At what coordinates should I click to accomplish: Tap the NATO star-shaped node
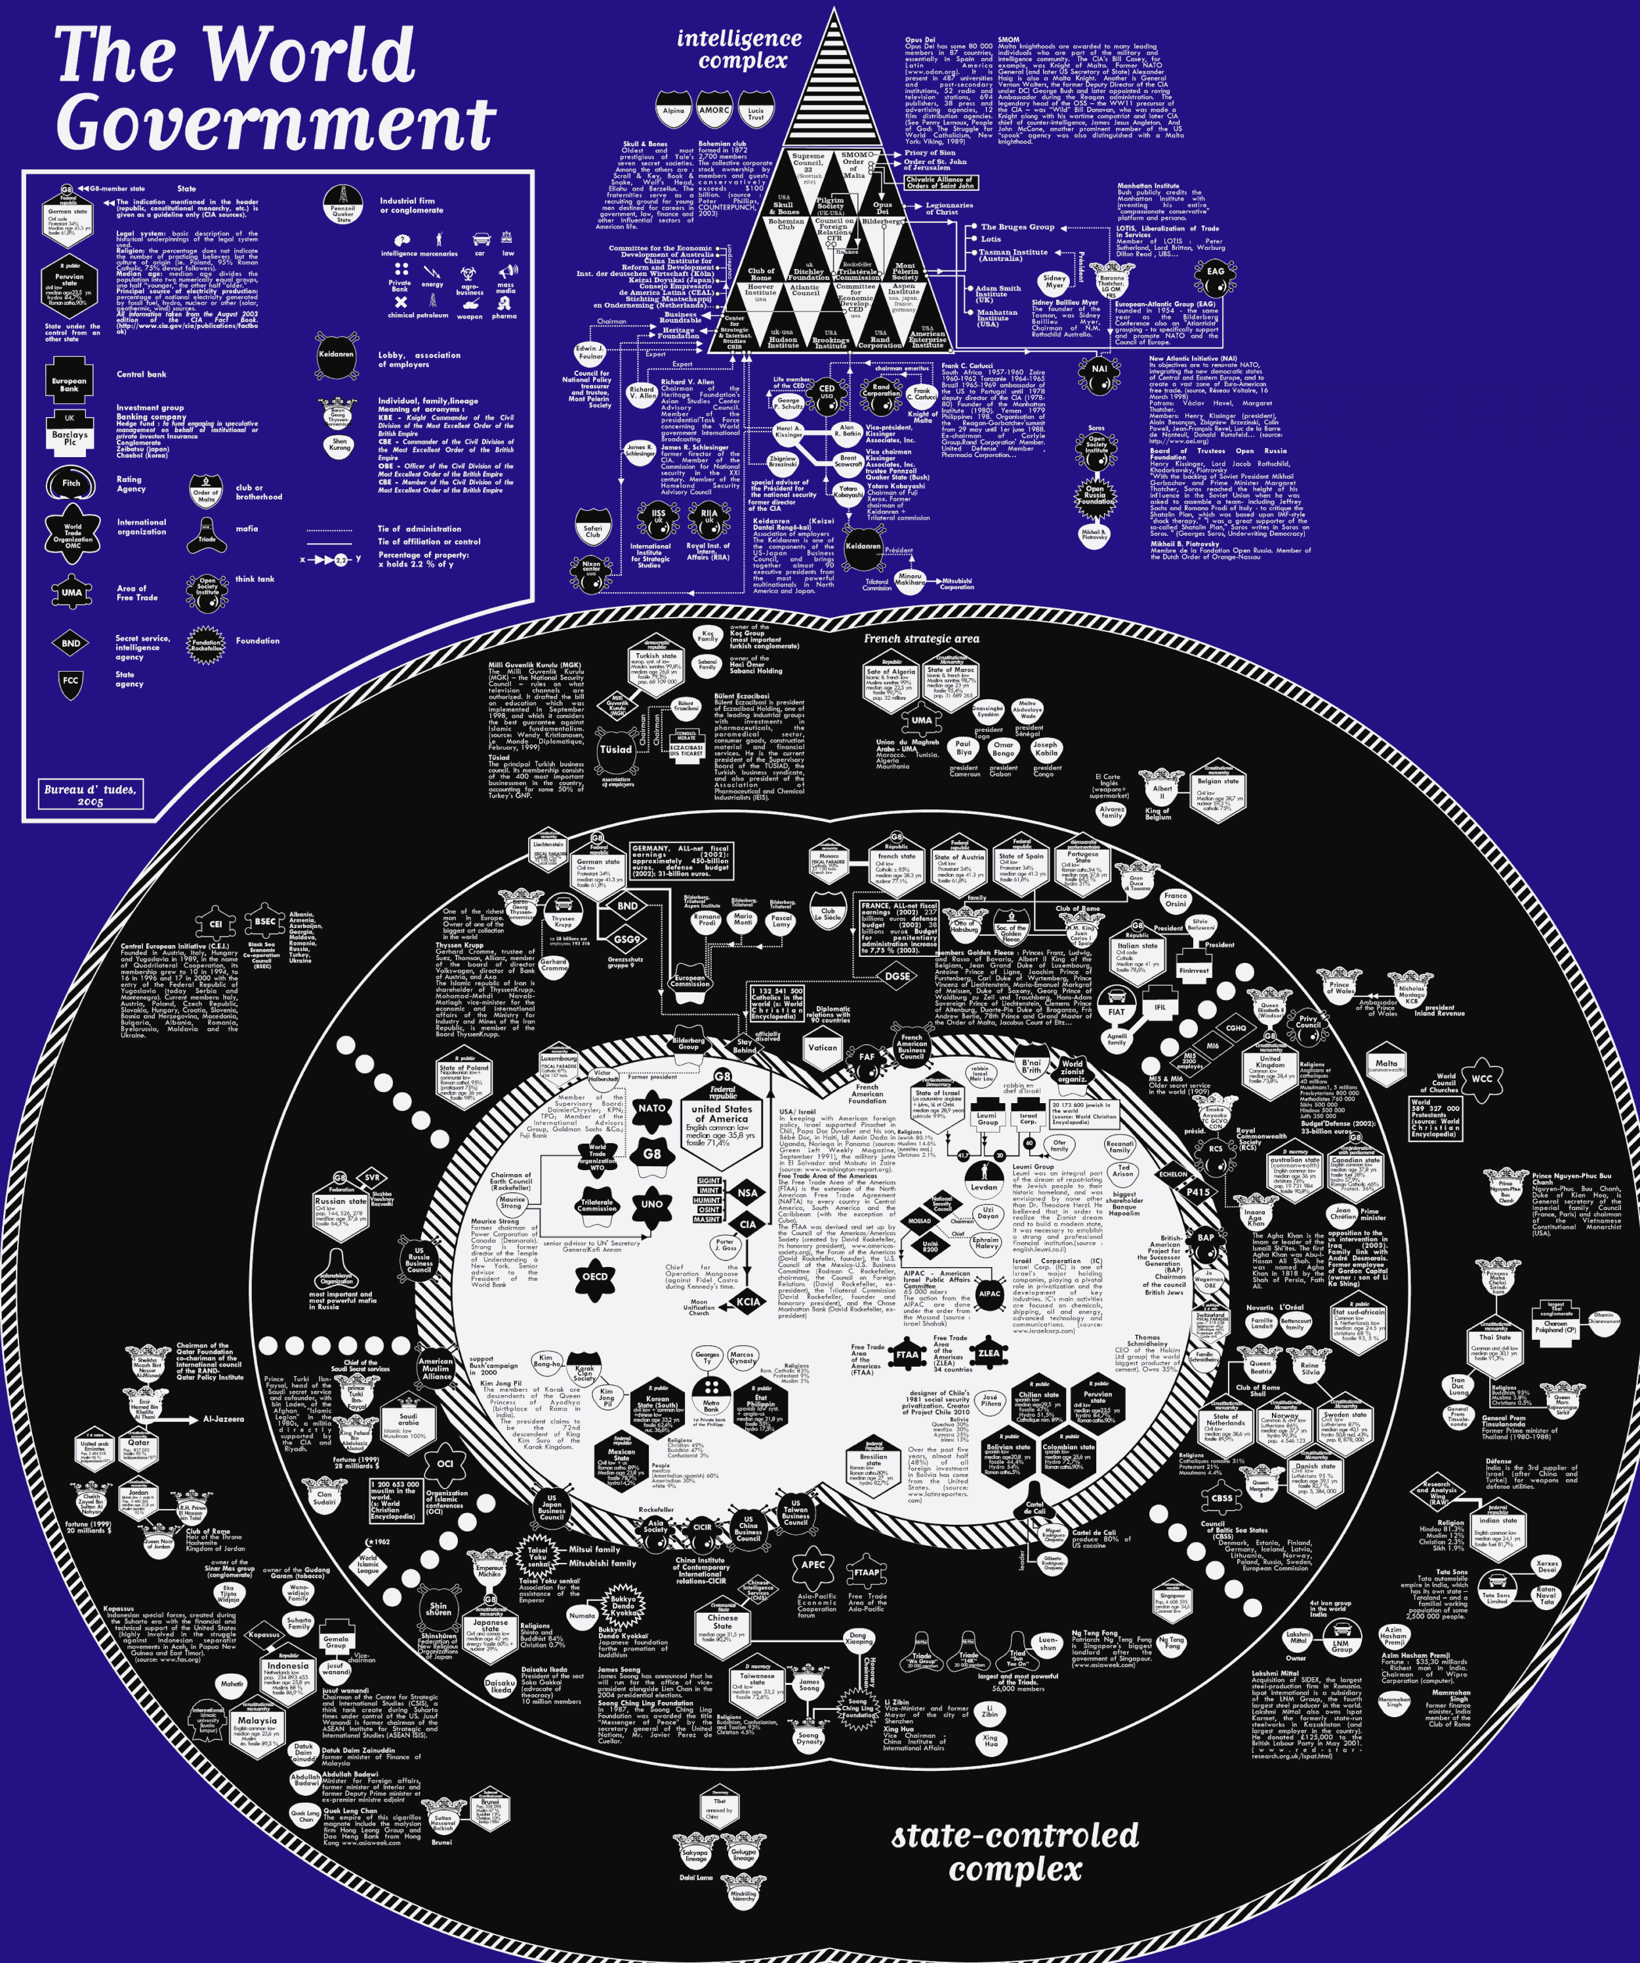651,1108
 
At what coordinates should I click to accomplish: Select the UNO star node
651,1205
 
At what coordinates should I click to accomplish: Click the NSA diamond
747,1194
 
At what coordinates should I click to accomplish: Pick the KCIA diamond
748,1301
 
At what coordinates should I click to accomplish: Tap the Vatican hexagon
823,1048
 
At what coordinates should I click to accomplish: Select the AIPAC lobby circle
989,1295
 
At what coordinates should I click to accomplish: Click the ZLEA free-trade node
989,1352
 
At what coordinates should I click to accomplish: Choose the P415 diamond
1198,1193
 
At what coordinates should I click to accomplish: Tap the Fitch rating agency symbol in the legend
71,483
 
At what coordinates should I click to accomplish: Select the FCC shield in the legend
71,681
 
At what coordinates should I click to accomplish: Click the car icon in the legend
482,239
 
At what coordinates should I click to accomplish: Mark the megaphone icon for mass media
506,273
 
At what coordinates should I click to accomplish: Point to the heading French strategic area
921,638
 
